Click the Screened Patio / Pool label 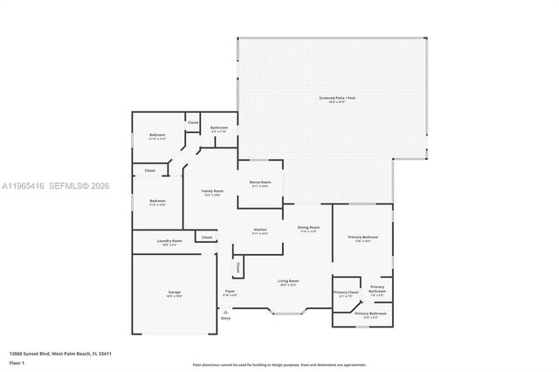click(x=333, y=99)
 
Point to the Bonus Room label click(x=260, y=183)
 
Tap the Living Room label click(x=288, y=282)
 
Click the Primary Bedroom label click(x=363, y=237)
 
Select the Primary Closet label click(x=346, y=293)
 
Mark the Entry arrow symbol click(x=225, y=310)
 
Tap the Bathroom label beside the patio click(x=219, y=128)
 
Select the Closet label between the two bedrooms click(x=149, y=170)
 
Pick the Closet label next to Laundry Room click(x=207, y=238)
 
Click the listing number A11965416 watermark click(x=27, y=186)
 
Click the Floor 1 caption click(x=17, y=362)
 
